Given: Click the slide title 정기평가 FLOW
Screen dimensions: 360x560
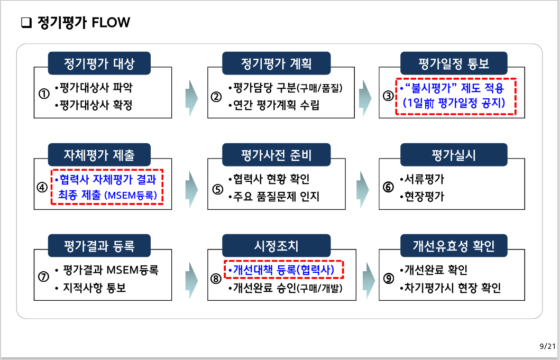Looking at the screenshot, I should click(x=84, y=23).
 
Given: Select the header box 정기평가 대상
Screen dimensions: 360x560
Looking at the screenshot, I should click(x=99, y=64).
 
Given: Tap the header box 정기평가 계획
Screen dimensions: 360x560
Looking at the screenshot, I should click(x=277, y=64).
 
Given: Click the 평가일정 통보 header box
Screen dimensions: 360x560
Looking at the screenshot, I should click(x=454, y=64).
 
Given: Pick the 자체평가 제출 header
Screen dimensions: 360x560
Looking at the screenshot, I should click(x=99, y=155).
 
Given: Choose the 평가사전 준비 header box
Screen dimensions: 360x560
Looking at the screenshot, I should click(x=277, y=155).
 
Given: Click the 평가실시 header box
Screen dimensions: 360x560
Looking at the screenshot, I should click(x=454, y=155).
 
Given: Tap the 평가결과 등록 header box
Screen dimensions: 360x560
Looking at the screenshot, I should click(x=99, y=246).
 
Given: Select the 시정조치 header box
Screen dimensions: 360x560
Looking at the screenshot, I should click(x=277, y=246).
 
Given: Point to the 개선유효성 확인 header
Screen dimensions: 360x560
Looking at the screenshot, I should click(x=454, y=246).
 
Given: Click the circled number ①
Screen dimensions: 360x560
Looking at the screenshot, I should click(x=44, y=95).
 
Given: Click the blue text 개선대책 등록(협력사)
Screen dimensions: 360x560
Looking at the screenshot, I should click(x=283, y=270).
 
